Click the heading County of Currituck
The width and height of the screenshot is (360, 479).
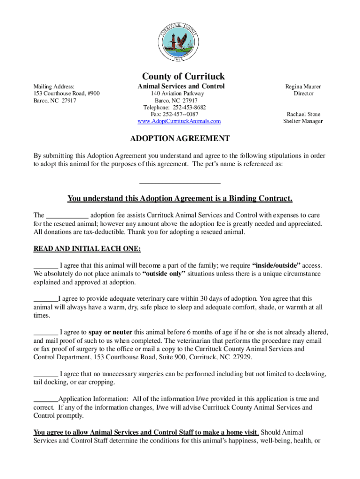coord(183,76)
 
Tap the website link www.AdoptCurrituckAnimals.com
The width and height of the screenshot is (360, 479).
coord(179,121)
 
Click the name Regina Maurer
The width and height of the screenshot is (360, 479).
coord(303,87)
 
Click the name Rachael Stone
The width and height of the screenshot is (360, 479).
coord(303,114)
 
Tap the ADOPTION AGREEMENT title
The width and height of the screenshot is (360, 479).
coord(180,138)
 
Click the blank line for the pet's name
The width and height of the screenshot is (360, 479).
coord(180,181)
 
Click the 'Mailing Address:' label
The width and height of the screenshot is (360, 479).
coord(54,87)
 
